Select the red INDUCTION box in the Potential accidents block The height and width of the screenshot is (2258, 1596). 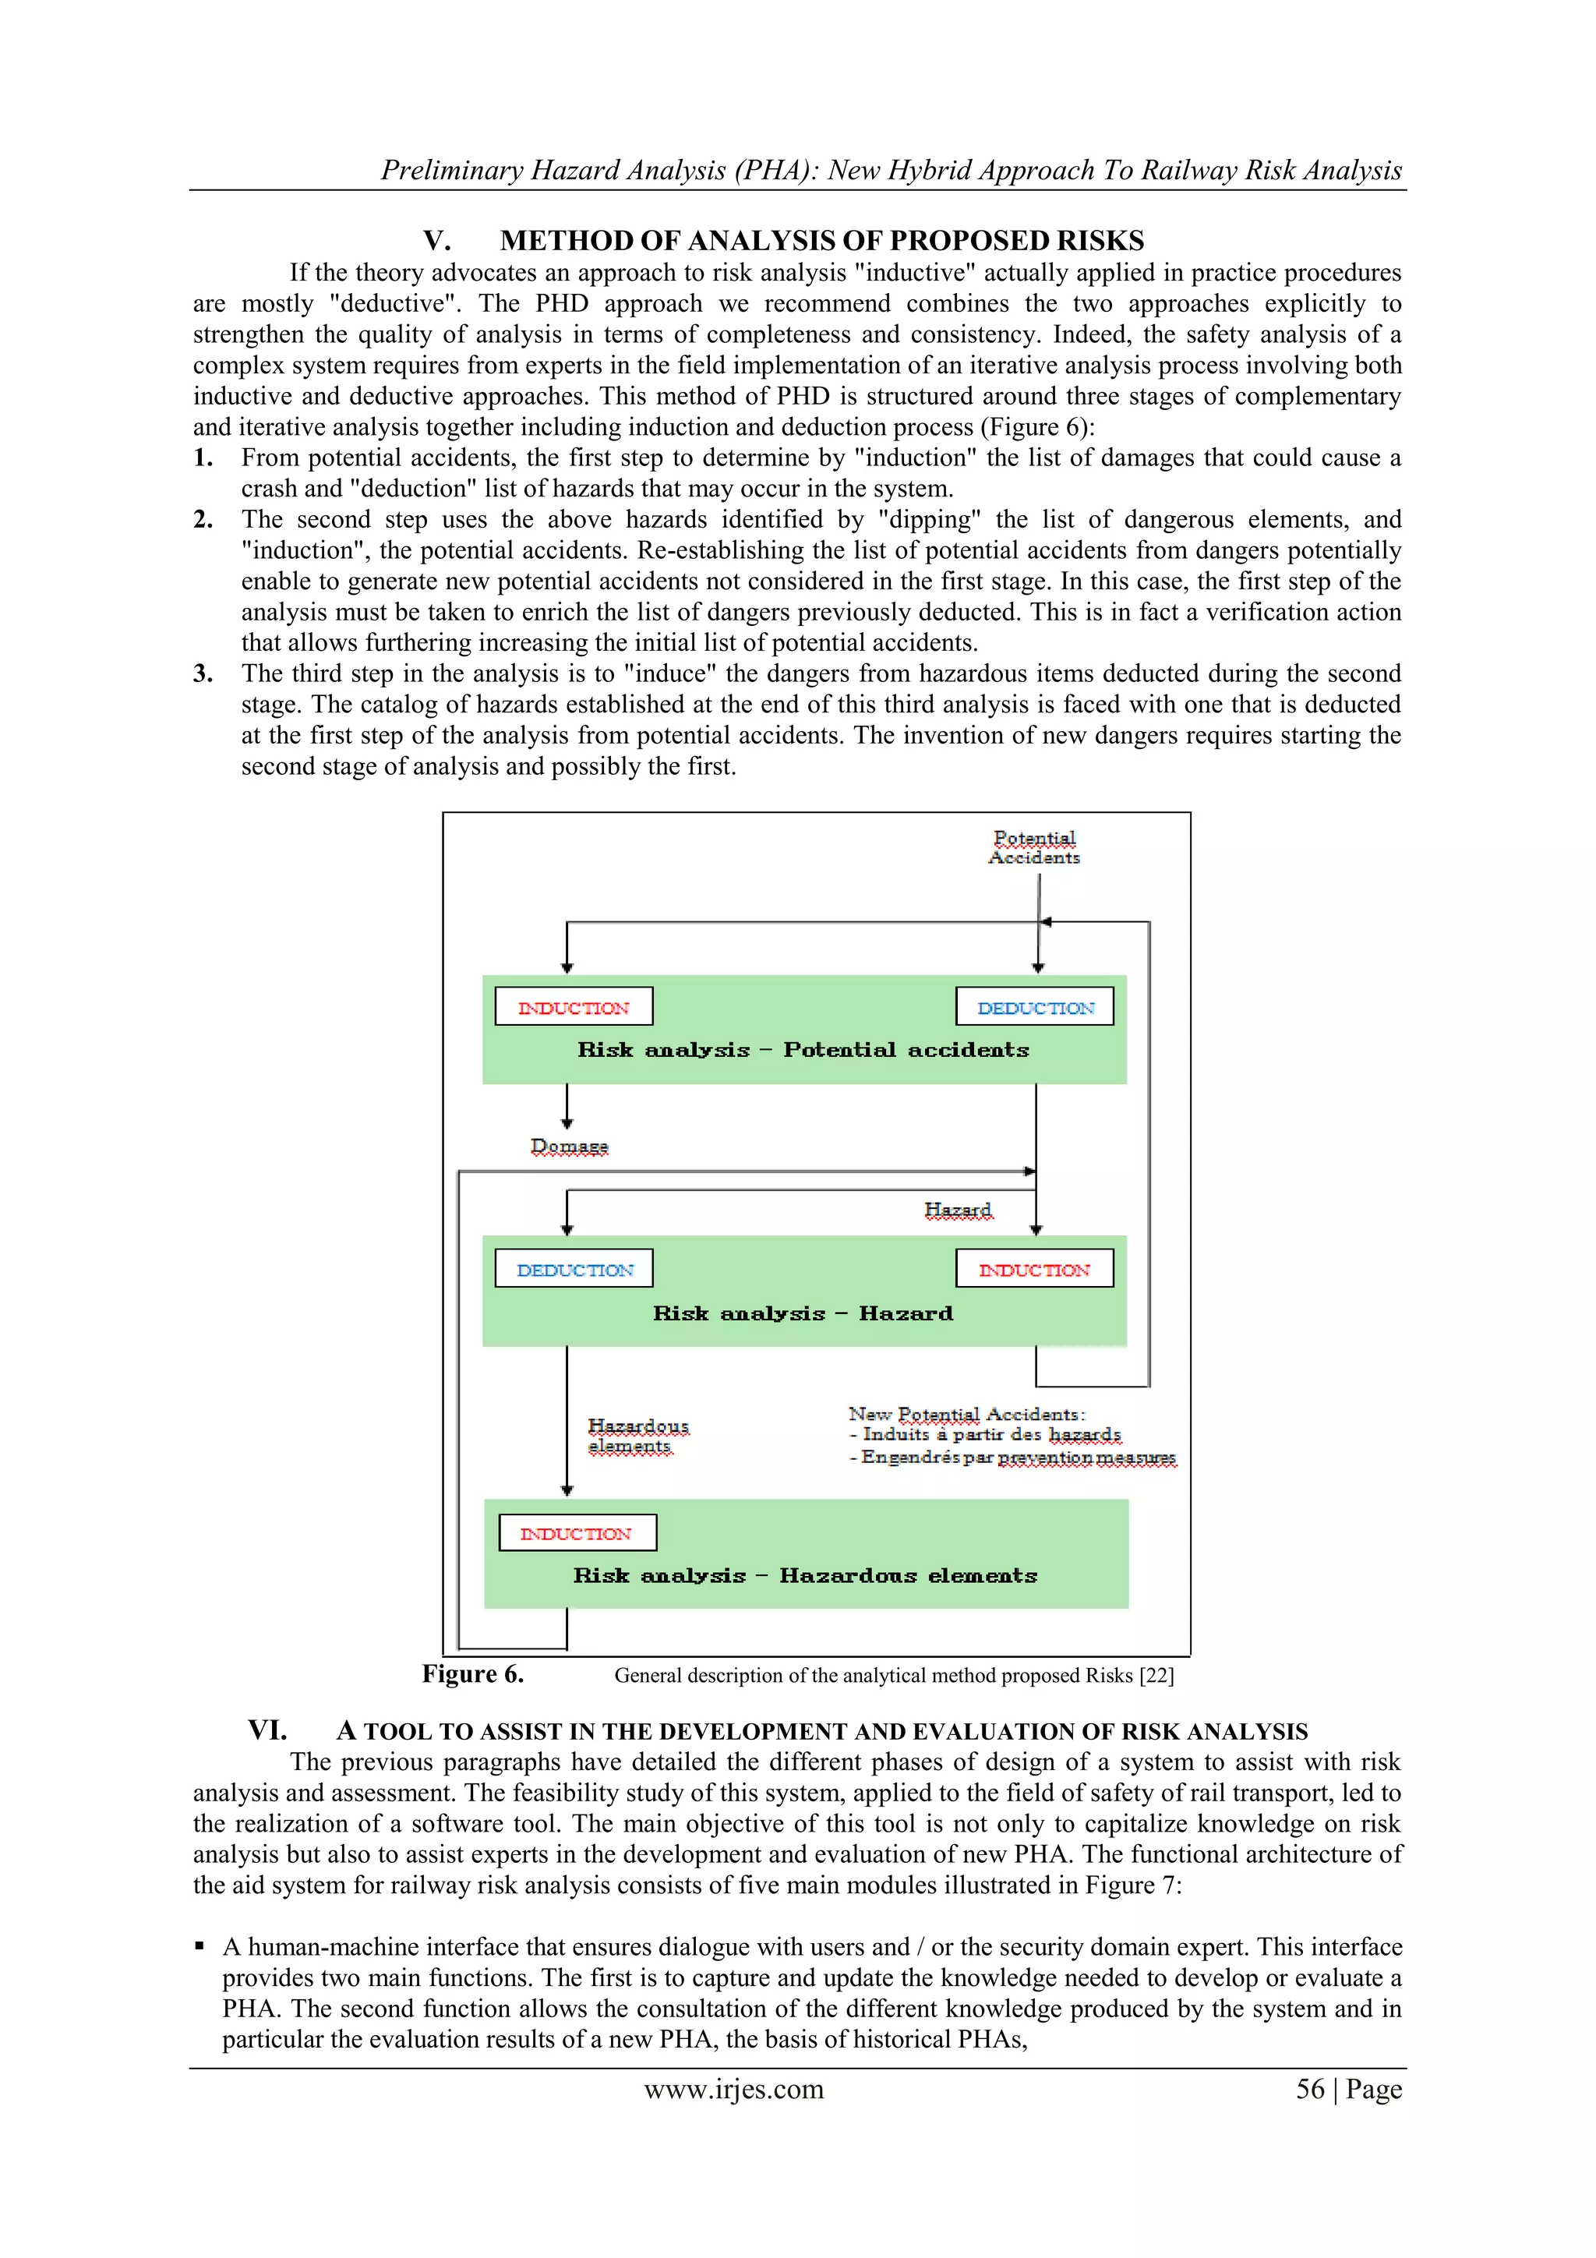coord(574,1007)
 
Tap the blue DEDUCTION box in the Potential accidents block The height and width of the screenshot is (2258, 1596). coord(1034,1007)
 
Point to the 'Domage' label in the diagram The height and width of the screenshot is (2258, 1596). coord(570,1147)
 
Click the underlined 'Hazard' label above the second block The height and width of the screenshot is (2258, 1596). coord(958,1210)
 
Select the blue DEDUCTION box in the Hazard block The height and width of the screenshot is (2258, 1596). coord(574,1270)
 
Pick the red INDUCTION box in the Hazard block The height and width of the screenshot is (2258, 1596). coord(1034,1270)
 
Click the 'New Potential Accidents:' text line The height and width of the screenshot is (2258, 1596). coord(966,1414)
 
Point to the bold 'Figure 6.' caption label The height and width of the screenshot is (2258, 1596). coord(472,1674)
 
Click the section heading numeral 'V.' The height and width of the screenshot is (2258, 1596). coord(436,241)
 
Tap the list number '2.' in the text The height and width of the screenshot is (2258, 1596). coord(203,519)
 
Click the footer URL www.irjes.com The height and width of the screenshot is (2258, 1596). coord(733,2089)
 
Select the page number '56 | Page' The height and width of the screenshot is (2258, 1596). coord(1348,2089)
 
